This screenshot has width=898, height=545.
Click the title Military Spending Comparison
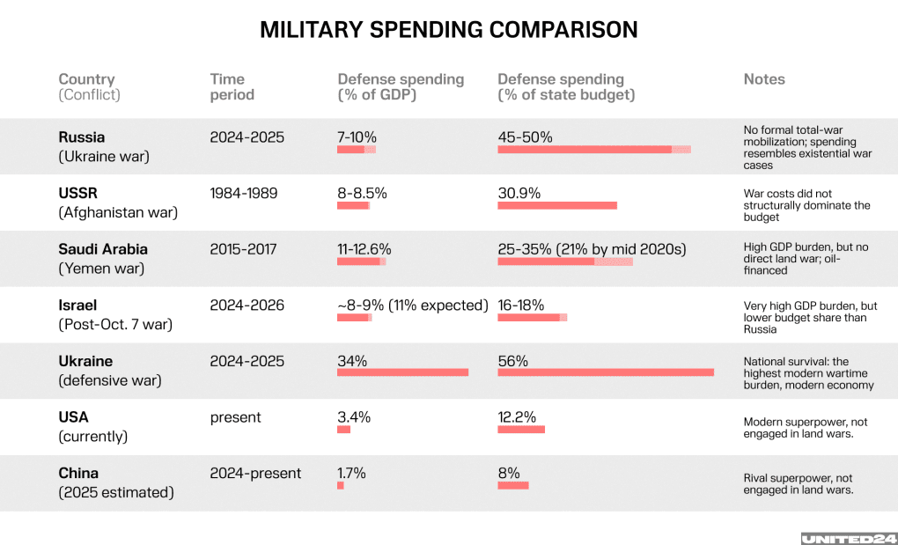pyautogui.click(x=448, y=30)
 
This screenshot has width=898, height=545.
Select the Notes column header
pyautogui.click(x=763, y=79)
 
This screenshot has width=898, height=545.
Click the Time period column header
pyautogui.click(x=232, y=86)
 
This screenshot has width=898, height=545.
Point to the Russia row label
pyautogui.click(x=82, y=137)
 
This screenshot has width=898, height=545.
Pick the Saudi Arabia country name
pyautogui.click(x=103, y=249)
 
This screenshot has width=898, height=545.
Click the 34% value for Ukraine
pyautogui.click(x=352, y=361)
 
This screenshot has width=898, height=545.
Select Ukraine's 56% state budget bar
pyautogui.click(x=605, y=372)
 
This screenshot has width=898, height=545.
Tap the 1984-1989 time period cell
pyautogui.click(x=244, y=193)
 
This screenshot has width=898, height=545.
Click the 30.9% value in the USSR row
pyautogui.click(x=519, y=193)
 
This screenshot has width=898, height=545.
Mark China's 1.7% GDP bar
pyautogui.click(x=341, y=485)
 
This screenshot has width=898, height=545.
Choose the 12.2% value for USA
pyautogui.click(x=517, y=417)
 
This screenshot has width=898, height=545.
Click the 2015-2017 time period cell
pyautogui.click(x=243, y=249)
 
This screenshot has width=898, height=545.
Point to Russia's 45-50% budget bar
pyautogui.click(x=593, y=150)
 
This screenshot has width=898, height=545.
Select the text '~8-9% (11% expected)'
pyautogui.click(x=412, y=306)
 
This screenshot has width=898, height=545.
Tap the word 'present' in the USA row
pyautogui.click(x=235, y=417)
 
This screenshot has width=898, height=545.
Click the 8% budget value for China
pyautogui.click(x=509, y=473)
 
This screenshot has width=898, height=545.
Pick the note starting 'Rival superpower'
pyautogui.click(x=799, y=484)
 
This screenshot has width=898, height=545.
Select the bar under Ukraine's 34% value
pyautogui.click(x=402, y=372)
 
